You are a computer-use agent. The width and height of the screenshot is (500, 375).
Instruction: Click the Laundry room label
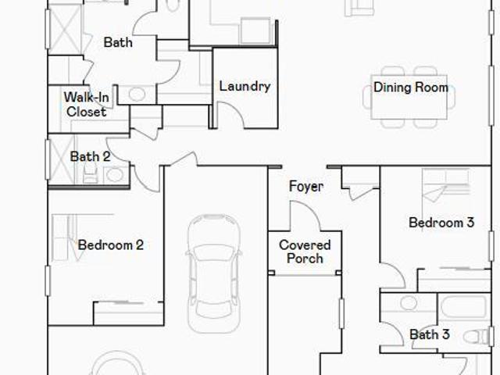[245, 87]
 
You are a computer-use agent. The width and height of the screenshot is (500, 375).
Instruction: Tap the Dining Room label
[411, 87]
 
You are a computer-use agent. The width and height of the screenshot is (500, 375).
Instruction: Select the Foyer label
[306, 187]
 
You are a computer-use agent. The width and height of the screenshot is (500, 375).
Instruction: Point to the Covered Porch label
[305, 252]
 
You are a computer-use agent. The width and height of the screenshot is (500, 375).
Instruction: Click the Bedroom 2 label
[111, 245]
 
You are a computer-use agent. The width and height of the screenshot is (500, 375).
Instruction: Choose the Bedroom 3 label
[441, 223]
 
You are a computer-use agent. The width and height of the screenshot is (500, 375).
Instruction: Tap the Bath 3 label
[430, 334]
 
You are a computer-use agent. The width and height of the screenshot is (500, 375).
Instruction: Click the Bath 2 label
[90, 156]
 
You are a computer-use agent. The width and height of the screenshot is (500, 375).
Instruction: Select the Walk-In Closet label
[87, 105]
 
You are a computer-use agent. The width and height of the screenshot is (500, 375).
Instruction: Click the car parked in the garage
[213, 273]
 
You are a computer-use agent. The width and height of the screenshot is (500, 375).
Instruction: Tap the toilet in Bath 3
[476, 337]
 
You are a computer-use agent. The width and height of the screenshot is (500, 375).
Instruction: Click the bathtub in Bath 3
[464, 306]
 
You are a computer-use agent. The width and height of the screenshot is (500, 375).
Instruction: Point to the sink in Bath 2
[115, 175]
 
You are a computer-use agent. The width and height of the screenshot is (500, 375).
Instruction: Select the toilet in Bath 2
[91, 176]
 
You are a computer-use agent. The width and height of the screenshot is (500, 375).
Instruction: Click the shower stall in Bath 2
[61, 159]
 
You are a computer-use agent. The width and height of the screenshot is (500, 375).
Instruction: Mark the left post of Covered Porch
[271, 273]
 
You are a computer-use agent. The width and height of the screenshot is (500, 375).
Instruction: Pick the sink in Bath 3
[409, 303]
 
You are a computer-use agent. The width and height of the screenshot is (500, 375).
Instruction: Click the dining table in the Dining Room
[409, 97]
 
